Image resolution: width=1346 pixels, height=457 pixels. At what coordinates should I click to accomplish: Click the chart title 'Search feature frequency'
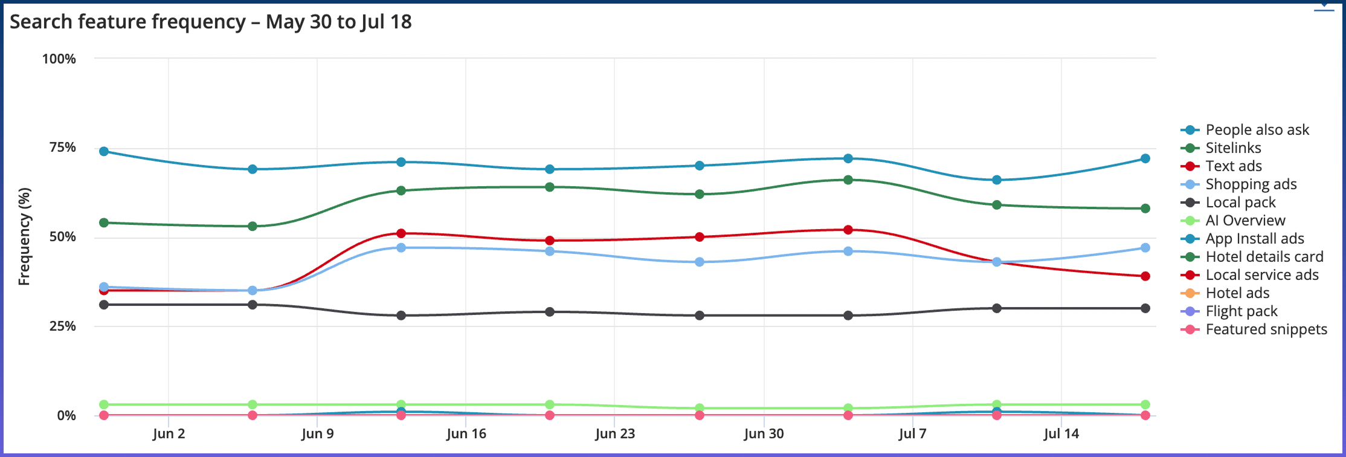[210, 22]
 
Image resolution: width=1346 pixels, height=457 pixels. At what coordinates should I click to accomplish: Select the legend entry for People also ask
[1257, 130]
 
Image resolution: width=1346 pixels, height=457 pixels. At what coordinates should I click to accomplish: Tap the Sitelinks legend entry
[1232, 148]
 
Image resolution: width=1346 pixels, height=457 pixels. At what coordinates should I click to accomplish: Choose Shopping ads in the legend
[1251, 184]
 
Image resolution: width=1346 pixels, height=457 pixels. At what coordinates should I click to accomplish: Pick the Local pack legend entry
[1240, 203]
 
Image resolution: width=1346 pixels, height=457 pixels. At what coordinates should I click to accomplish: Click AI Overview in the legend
[1245, 221]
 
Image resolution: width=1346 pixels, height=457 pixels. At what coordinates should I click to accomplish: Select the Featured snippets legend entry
[1266, 329]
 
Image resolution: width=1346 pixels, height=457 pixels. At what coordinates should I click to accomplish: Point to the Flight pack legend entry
[1241, 311]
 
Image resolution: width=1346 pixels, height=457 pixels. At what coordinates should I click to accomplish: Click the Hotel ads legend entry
[1237, 293]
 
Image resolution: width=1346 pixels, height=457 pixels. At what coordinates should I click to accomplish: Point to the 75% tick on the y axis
[63, 147]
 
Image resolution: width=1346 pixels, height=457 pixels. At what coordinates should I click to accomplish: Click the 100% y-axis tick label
[59, 59]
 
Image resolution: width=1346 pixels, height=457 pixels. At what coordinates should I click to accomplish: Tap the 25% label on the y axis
[63, 326]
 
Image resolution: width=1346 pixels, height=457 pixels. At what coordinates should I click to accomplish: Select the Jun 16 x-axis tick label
[466, 433]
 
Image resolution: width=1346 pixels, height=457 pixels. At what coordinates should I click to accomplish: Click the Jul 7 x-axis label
[912, 433]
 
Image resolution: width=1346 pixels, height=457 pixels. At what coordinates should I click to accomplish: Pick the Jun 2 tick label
[169, 433]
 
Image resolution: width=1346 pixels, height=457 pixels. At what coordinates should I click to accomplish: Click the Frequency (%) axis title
[24, 236]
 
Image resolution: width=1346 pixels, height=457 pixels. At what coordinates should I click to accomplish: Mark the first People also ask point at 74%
[104, 151]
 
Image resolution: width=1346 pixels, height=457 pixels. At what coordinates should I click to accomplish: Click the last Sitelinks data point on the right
[1145, 209]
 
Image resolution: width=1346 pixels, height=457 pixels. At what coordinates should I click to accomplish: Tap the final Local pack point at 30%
[1145, 308]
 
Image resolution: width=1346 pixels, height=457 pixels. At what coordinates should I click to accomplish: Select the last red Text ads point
[1145, 276]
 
